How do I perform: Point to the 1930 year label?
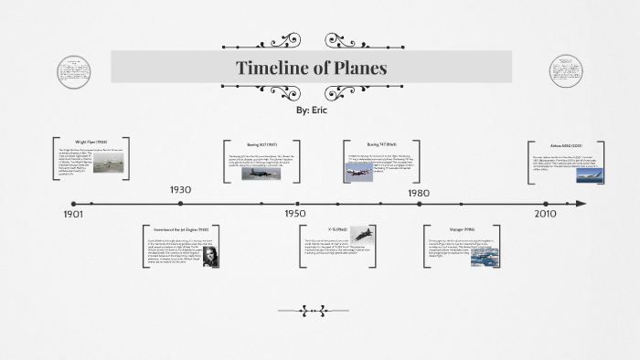(x=180, y=190)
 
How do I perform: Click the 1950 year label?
(x=294, y=214)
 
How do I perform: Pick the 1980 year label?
(x=418, y=193)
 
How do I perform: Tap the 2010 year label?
(x=545, y=214)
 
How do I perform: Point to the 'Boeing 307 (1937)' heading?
(x=262, y=144)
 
